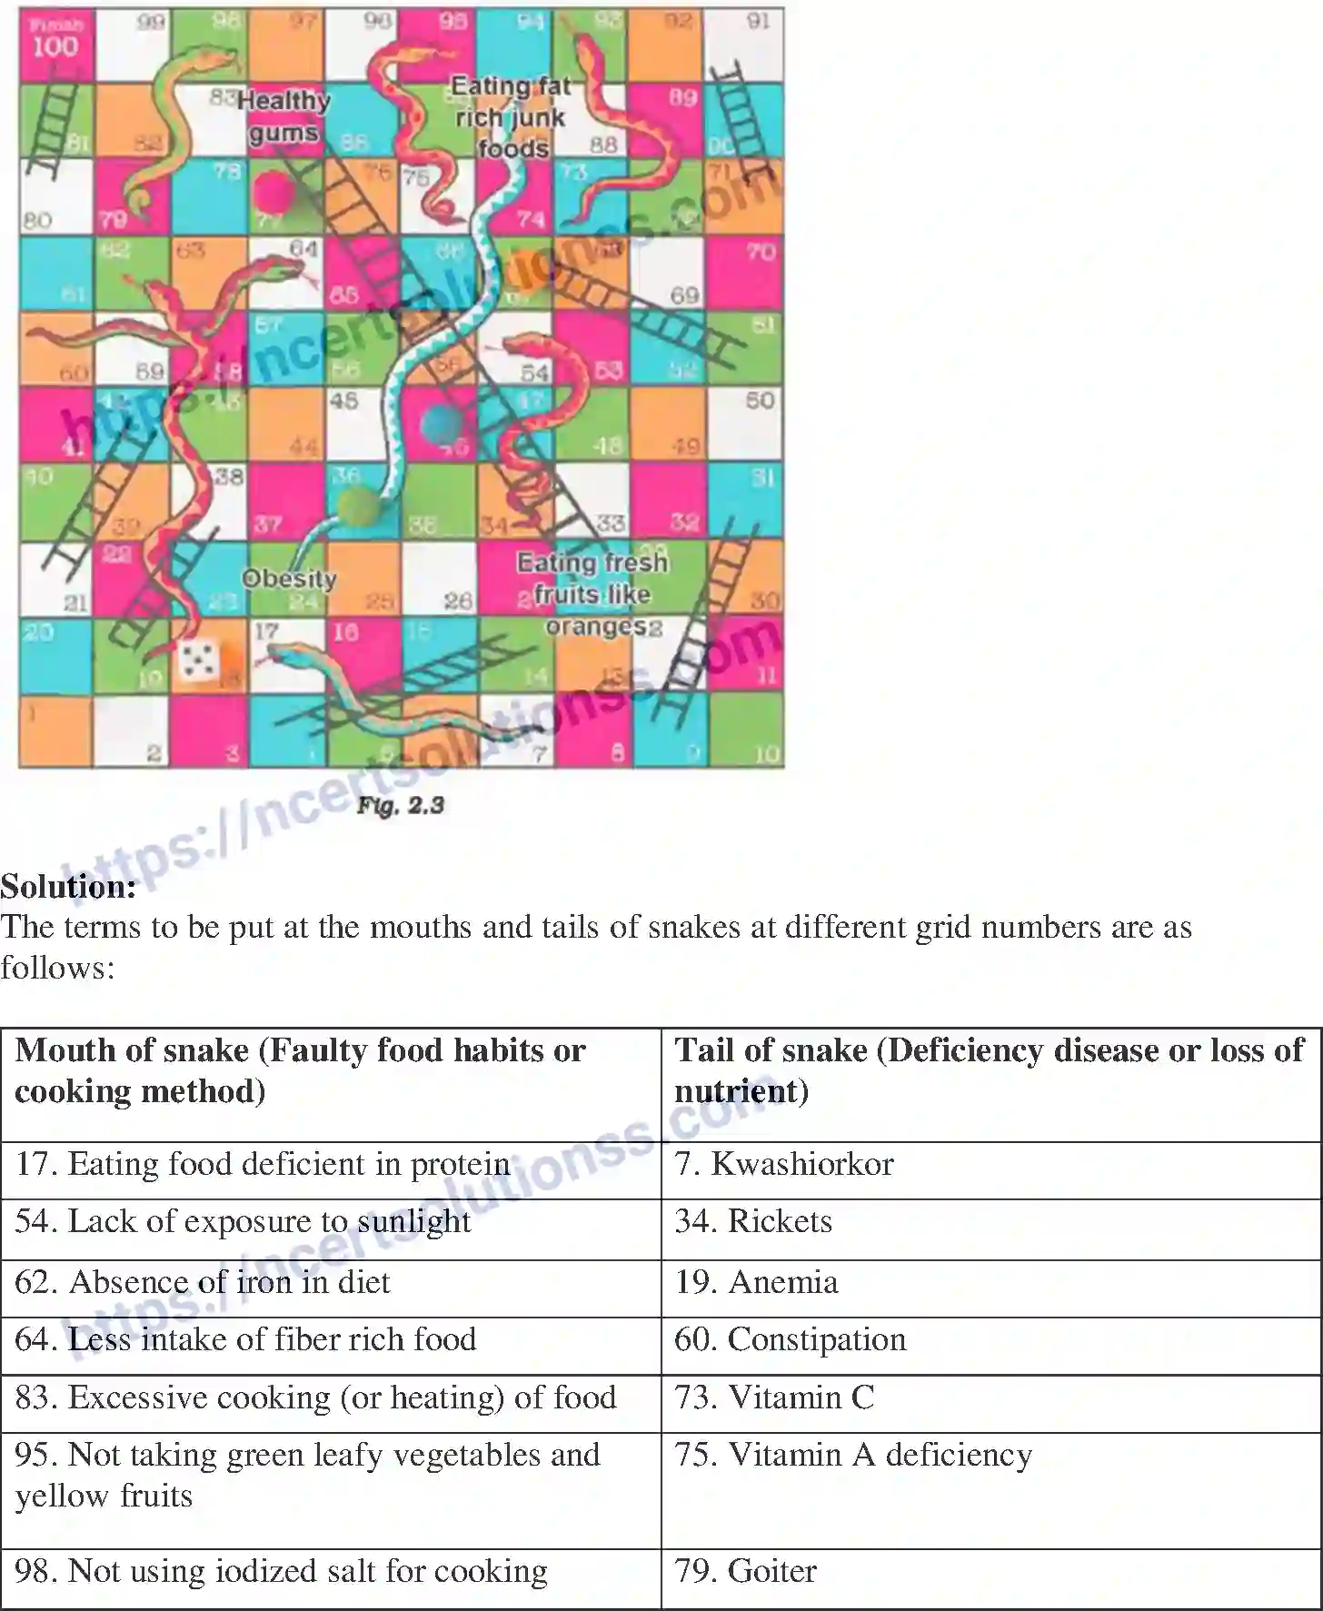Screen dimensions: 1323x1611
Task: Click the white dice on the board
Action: click(199, 661)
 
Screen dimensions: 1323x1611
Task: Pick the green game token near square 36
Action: click(359, 505)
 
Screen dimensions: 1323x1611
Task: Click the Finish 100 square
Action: click(55, 43)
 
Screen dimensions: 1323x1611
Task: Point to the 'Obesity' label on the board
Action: click(289, 579)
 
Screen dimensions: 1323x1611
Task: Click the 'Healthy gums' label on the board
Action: click(283, 116)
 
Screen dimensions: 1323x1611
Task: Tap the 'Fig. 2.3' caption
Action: click(400, 805)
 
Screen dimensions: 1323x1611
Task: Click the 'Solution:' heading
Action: click(68, 886)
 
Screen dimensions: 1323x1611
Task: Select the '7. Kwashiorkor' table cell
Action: click(784, 1164)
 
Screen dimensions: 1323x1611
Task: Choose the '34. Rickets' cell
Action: click(753, 1221)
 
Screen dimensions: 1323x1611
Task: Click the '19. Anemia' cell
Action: click(756, 1282)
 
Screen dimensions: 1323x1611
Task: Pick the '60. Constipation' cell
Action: click(791, 1339)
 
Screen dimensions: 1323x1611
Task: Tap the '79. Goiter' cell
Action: click(745, 1571)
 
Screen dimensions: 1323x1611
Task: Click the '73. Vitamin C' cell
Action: click(774, 1397)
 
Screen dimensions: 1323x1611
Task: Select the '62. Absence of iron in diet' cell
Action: click(203, 1282)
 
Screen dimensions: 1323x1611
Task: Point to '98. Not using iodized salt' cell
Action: click(282, 1571)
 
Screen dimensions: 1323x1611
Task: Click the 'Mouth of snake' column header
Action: click(300, 1070)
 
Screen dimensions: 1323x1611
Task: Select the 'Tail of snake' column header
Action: click(989, 1070)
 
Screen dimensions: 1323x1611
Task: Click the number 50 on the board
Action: click(760, 401)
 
